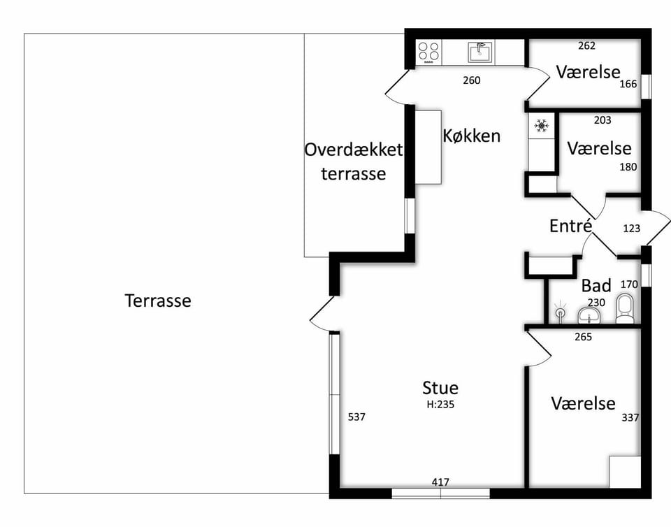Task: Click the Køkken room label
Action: (x=472, y=136)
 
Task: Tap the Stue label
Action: (x=440, y=387)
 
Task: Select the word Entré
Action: (x=571, y=226)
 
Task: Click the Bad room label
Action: (x=596, y=285)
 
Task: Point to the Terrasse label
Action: (x=158, y=301)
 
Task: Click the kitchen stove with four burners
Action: (x=428, y=52)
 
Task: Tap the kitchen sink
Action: (x=481, y=52)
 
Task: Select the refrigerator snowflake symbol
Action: (x=541, y=126)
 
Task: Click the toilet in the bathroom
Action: (x=625, y=308)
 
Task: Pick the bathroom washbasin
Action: (x=589, y=316)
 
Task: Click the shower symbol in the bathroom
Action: (x=560, y=312)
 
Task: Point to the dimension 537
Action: (x=356, y=417)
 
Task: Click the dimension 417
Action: (x=440, y=482)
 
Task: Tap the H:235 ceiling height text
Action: (x=440, y=404)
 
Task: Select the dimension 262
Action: (x=586, y=45)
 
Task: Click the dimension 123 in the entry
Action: (x=632, y=229)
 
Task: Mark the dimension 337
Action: (x=630, y=417)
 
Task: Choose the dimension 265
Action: (x=583, y=337)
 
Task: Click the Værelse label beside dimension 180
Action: (x=599, y=148)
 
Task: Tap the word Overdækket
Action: (x=354, y=150)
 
